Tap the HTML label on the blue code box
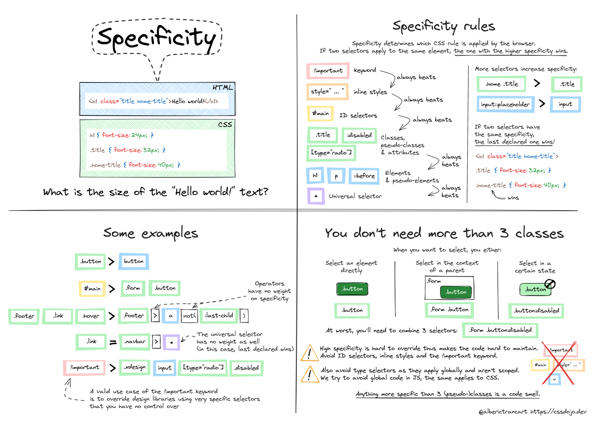[223, 88]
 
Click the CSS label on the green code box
[225, 125]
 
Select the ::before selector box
[364, 176]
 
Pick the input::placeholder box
[505, 104]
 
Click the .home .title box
[501, 84]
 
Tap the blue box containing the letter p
[336, 176]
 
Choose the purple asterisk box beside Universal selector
[316, 196]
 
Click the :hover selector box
[91, 316]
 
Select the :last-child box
[219, 316]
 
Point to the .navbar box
[135, 342]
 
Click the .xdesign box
[135, 367]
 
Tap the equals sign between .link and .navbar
[113, 343]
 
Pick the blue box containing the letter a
[171, 316]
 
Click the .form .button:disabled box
[500, 330]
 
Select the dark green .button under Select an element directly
[352, 289]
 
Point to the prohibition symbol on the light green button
[550, 284]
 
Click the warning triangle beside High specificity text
[309, 353]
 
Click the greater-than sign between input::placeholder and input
[542, 103]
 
